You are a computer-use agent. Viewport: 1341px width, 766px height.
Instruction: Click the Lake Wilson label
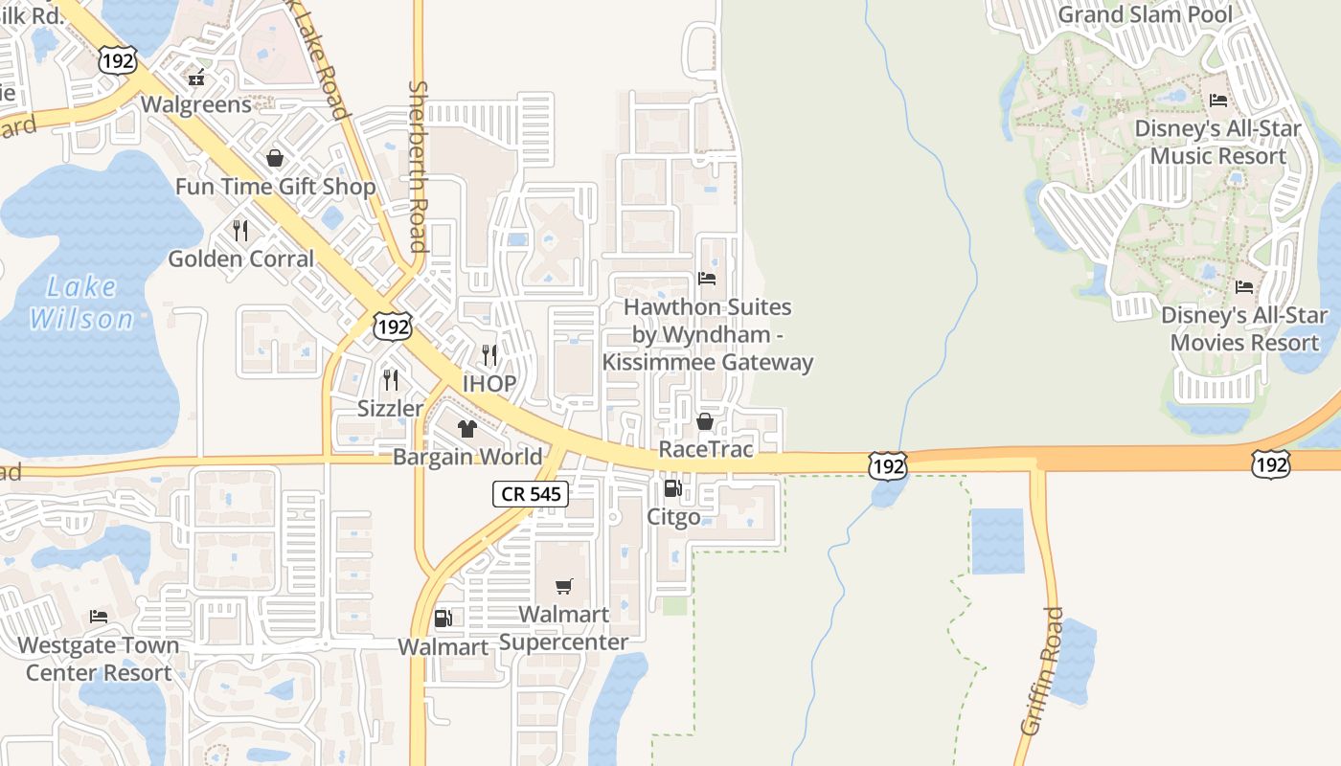tap(81, 303)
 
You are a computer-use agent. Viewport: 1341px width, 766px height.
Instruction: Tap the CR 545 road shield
tap(531, 494)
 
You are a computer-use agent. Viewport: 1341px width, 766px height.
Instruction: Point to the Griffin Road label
tap(1043, 670)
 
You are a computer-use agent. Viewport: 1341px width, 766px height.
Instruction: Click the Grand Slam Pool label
tap(1146, 14)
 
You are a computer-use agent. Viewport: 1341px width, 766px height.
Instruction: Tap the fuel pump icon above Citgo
tap(673, 489)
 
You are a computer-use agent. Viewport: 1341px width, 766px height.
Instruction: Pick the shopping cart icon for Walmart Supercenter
tap(564, 586)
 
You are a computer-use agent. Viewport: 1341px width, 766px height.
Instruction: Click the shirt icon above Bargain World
tap(466, 429)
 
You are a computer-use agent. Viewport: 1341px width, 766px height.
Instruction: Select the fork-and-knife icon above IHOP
tap(489, 355)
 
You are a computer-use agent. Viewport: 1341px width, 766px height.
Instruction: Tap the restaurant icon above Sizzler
tap(390, 380)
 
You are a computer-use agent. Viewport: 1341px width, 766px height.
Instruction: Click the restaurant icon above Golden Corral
tap(240, 231)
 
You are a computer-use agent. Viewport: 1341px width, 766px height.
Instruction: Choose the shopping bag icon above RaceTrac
tap(705, 421)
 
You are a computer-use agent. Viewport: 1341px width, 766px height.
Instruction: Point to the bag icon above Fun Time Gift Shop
tap(275, 158)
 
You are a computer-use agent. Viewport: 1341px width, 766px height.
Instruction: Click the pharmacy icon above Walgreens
tap(196, 77)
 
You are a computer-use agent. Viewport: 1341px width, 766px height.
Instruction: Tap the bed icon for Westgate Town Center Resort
tap(98, 617)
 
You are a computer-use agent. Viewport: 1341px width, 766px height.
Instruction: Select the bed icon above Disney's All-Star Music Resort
tap(1218, 100)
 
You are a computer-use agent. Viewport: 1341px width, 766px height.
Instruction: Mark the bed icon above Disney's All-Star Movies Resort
tap(1243, 286)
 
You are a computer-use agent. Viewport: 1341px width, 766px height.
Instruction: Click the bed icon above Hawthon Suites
tap(707, 279)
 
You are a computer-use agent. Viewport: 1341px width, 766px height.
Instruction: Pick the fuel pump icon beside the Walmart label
tap(443, 619)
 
